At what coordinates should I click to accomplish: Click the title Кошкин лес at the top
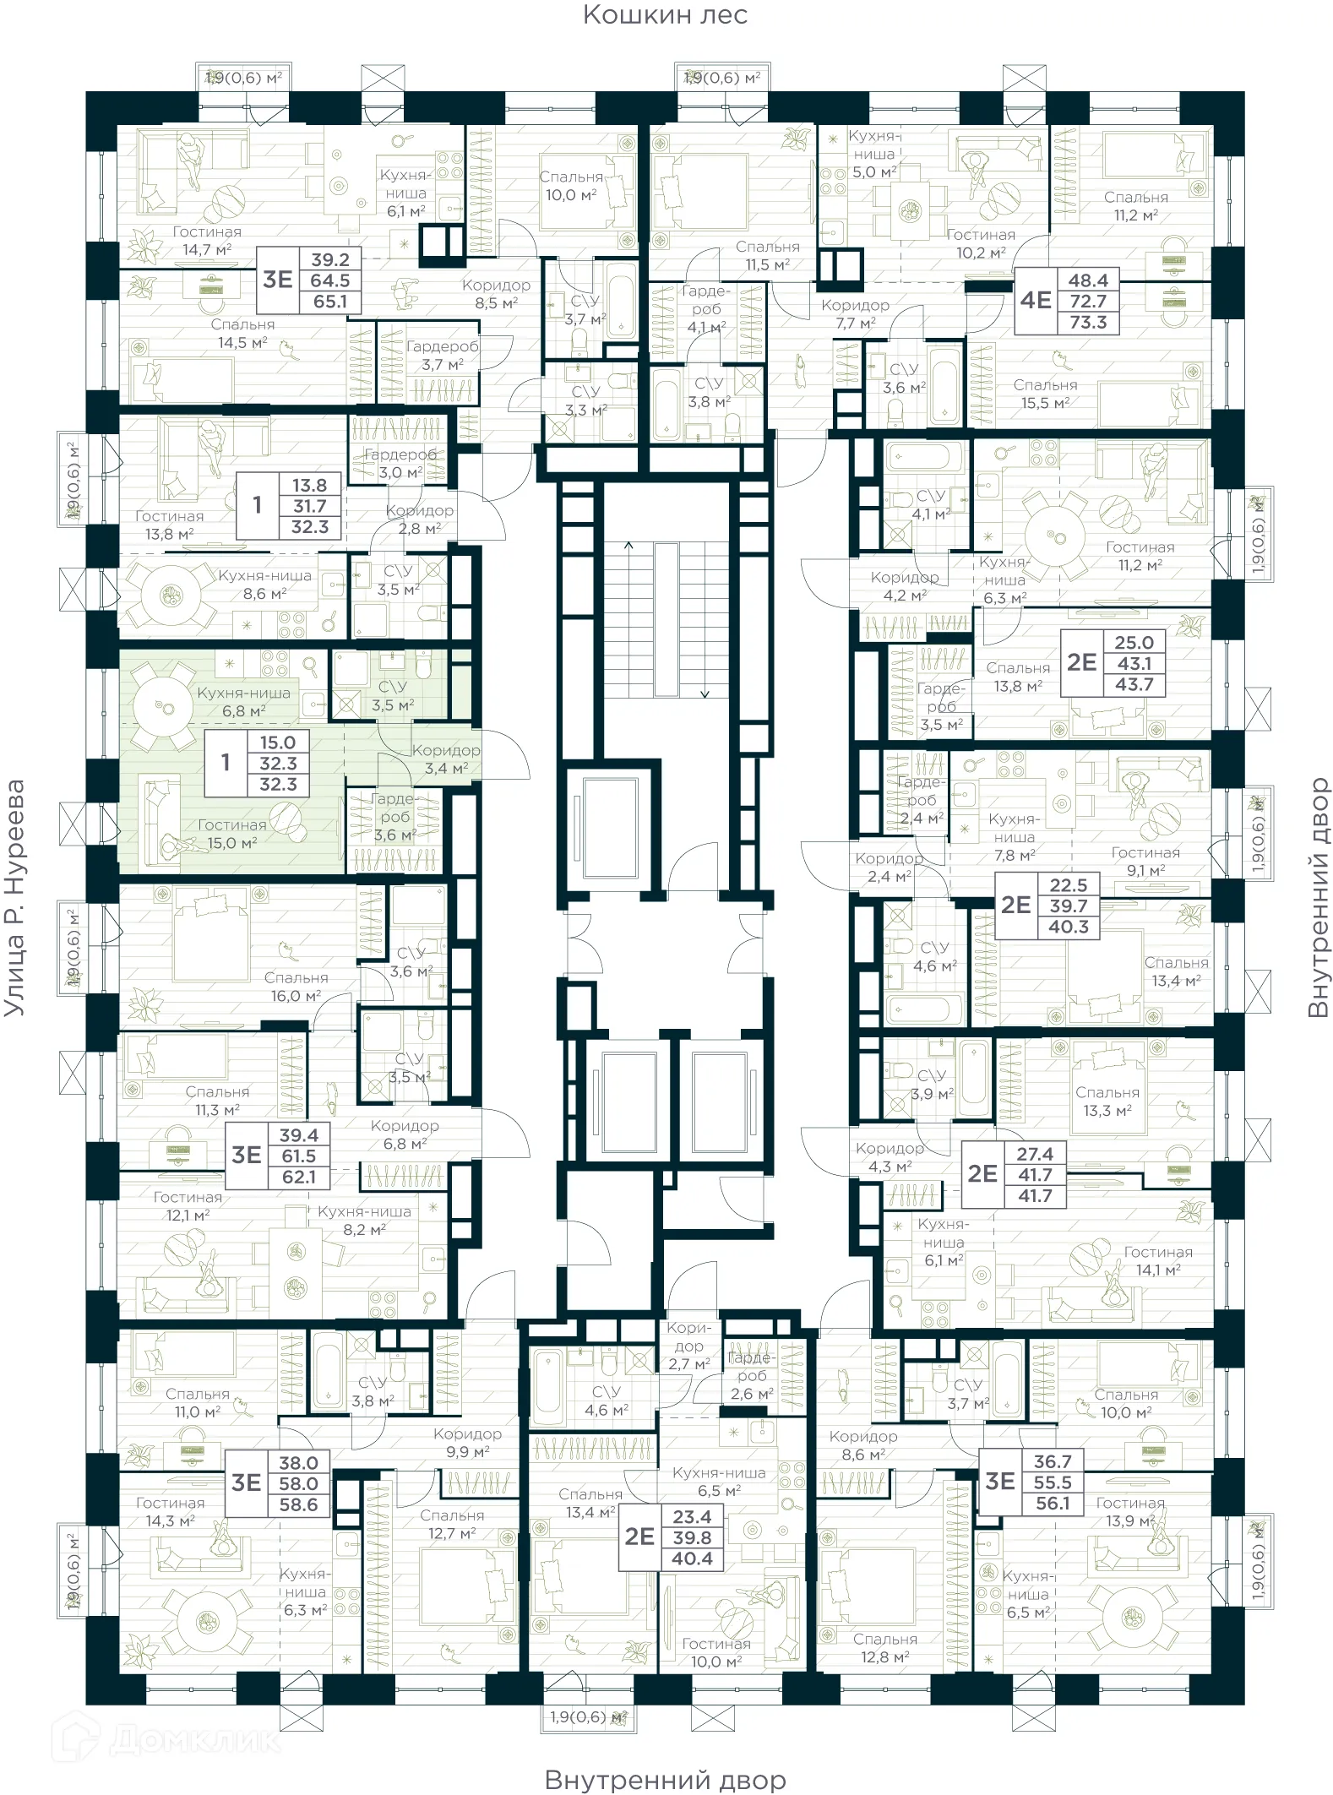click(x=665, y=15)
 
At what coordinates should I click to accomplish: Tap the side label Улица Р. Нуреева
click(x=15, y=897)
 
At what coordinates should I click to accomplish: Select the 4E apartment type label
click(x=1036, y=301)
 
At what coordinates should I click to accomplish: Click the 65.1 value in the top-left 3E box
click(x=329, y=302)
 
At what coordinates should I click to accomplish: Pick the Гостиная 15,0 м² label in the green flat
click(x=231, y=834)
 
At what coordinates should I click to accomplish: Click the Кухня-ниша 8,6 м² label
click(x=264, y=585)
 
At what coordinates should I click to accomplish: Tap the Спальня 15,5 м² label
click(x=1045, y=394)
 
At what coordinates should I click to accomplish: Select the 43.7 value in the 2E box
click(x=1134, y=685)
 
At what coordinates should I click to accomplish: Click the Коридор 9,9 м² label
click(x=467, y=1443)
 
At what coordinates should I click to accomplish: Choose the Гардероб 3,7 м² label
click(x=442, y=356)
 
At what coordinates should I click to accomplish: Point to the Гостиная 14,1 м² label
click(x=1157, y=1261)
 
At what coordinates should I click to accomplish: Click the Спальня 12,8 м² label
click(x=884, y=1648)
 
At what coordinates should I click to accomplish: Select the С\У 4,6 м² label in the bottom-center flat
click(x=606, y=1401)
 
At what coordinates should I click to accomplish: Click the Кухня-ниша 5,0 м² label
click(x=873, y=154)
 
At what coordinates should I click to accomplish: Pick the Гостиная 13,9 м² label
click(x=1129, y=1512)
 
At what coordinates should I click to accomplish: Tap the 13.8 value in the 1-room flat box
click(x=309, y=486)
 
